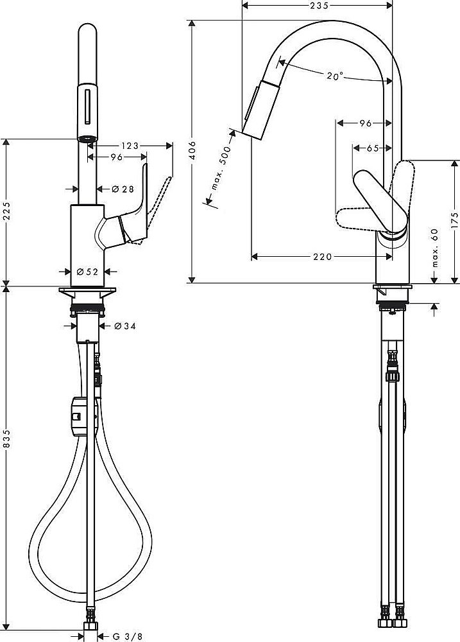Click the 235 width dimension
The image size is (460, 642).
coord(318,6)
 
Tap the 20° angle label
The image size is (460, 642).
coord(334,76)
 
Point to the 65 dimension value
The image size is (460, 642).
coord(372,148)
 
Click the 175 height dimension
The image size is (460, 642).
coord(454,220)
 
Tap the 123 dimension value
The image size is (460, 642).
coord(130,146)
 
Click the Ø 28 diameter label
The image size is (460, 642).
coord(122,189)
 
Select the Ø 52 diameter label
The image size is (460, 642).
coord(88,272)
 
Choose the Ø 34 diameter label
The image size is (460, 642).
coord(125,326)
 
